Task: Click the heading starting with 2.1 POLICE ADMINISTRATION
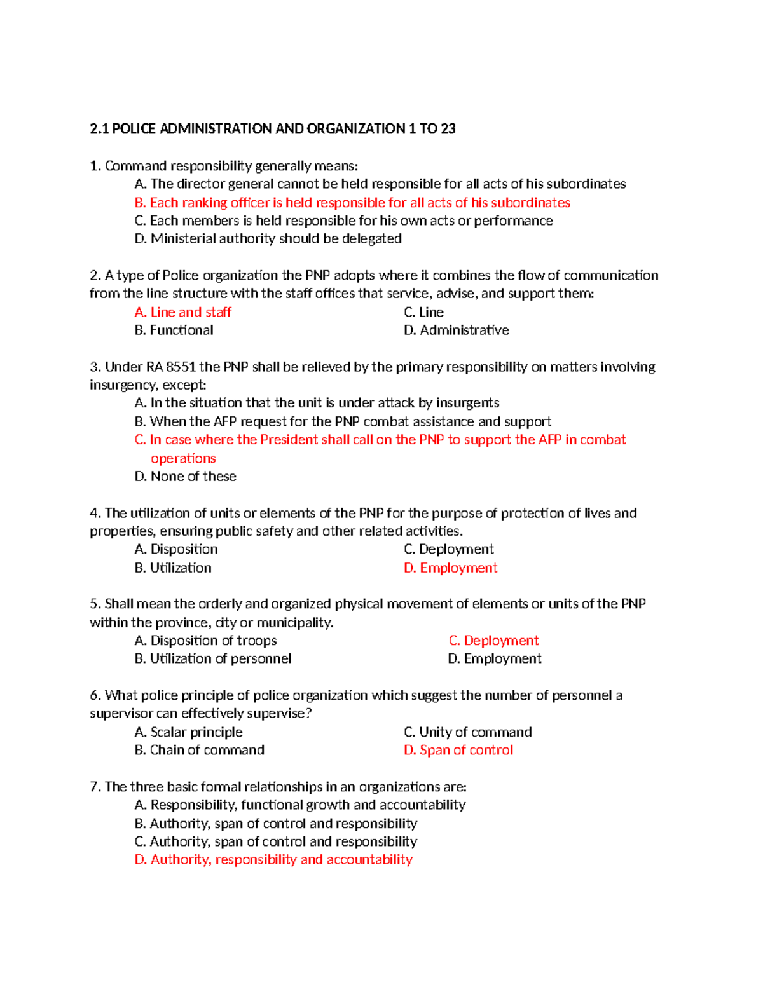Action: coord(272,129)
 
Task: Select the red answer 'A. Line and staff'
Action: coord(183,312)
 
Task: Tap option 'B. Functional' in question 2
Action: coord(174,330)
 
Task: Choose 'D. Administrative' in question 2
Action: coord(456,330)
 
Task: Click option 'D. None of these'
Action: coord(185,477)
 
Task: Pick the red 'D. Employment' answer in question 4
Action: coord(450,568)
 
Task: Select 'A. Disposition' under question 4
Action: coord(176,549)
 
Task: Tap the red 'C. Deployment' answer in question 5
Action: coord(493,641)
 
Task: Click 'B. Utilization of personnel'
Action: coord(212,659)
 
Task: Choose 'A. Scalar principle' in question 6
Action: coord(188,732)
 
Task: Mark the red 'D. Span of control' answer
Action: coord(458,751)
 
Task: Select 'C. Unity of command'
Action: coord(467,732)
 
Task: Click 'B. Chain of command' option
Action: coord(199,751)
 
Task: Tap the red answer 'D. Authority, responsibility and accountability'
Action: coord(273,860)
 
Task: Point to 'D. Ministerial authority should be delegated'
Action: coord(268,239)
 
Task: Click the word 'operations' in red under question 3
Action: coord(183,459)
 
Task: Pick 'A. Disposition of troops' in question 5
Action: coord(205,641)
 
